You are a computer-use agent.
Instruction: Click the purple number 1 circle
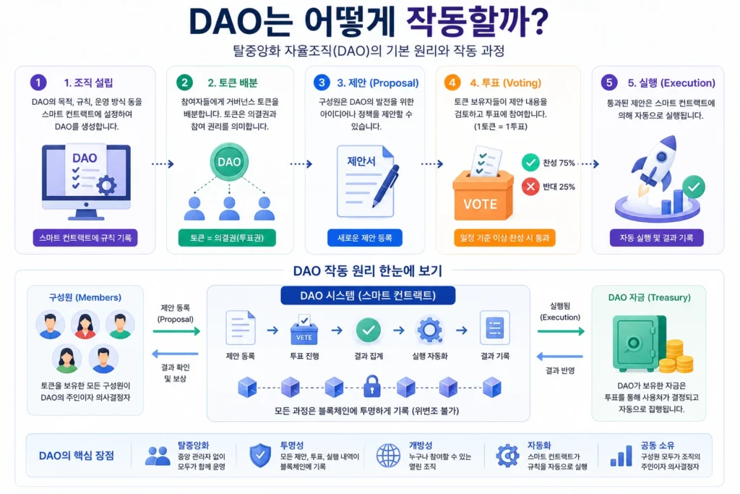[x=38, y=82]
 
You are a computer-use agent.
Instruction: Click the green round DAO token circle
[x=229, y=162]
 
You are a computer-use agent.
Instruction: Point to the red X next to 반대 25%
[x=530, y=187]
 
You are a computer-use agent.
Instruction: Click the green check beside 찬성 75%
[x=530, y=163]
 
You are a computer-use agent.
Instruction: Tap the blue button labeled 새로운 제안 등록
[x=365, y=237]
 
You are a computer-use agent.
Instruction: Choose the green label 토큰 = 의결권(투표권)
[x=227, y=237]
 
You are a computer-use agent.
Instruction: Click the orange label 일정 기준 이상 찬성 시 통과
[x=504, y=237]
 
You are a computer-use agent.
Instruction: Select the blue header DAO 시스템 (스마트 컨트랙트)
[x=368, y=296]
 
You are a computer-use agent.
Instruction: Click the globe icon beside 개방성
[x=388, y=456]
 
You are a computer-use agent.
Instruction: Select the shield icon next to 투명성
[x=260, y=456]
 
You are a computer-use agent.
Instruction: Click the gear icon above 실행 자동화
[x=429, y=329]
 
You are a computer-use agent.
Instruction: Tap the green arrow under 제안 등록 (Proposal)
[x=176, y=331]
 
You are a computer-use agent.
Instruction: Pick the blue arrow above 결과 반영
[x=561, y=356]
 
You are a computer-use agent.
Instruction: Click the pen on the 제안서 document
[x=386, y=186]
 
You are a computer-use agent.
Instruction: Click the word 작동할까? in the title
[x=477, y=21]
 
